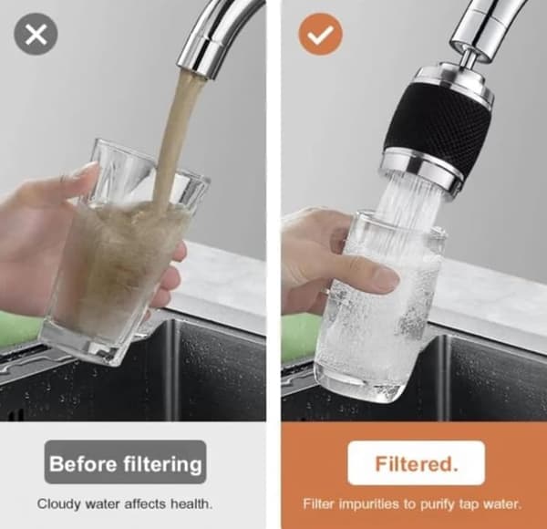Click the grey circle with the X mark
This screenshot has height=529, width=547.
pyautogui.click(x=36, y=34)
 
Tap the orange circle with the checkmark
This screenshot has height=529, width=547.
pyautogui.click(x=320, y=34)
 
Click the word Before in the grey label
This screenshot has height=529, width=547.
pyautogui.click(x=83, y=463)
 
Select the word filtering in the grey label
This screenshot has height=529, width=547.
pyautogui.click(x=162, y=464)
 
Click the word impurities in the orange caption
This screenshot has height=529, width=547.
pyautogui.click(x=370, y=504)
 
